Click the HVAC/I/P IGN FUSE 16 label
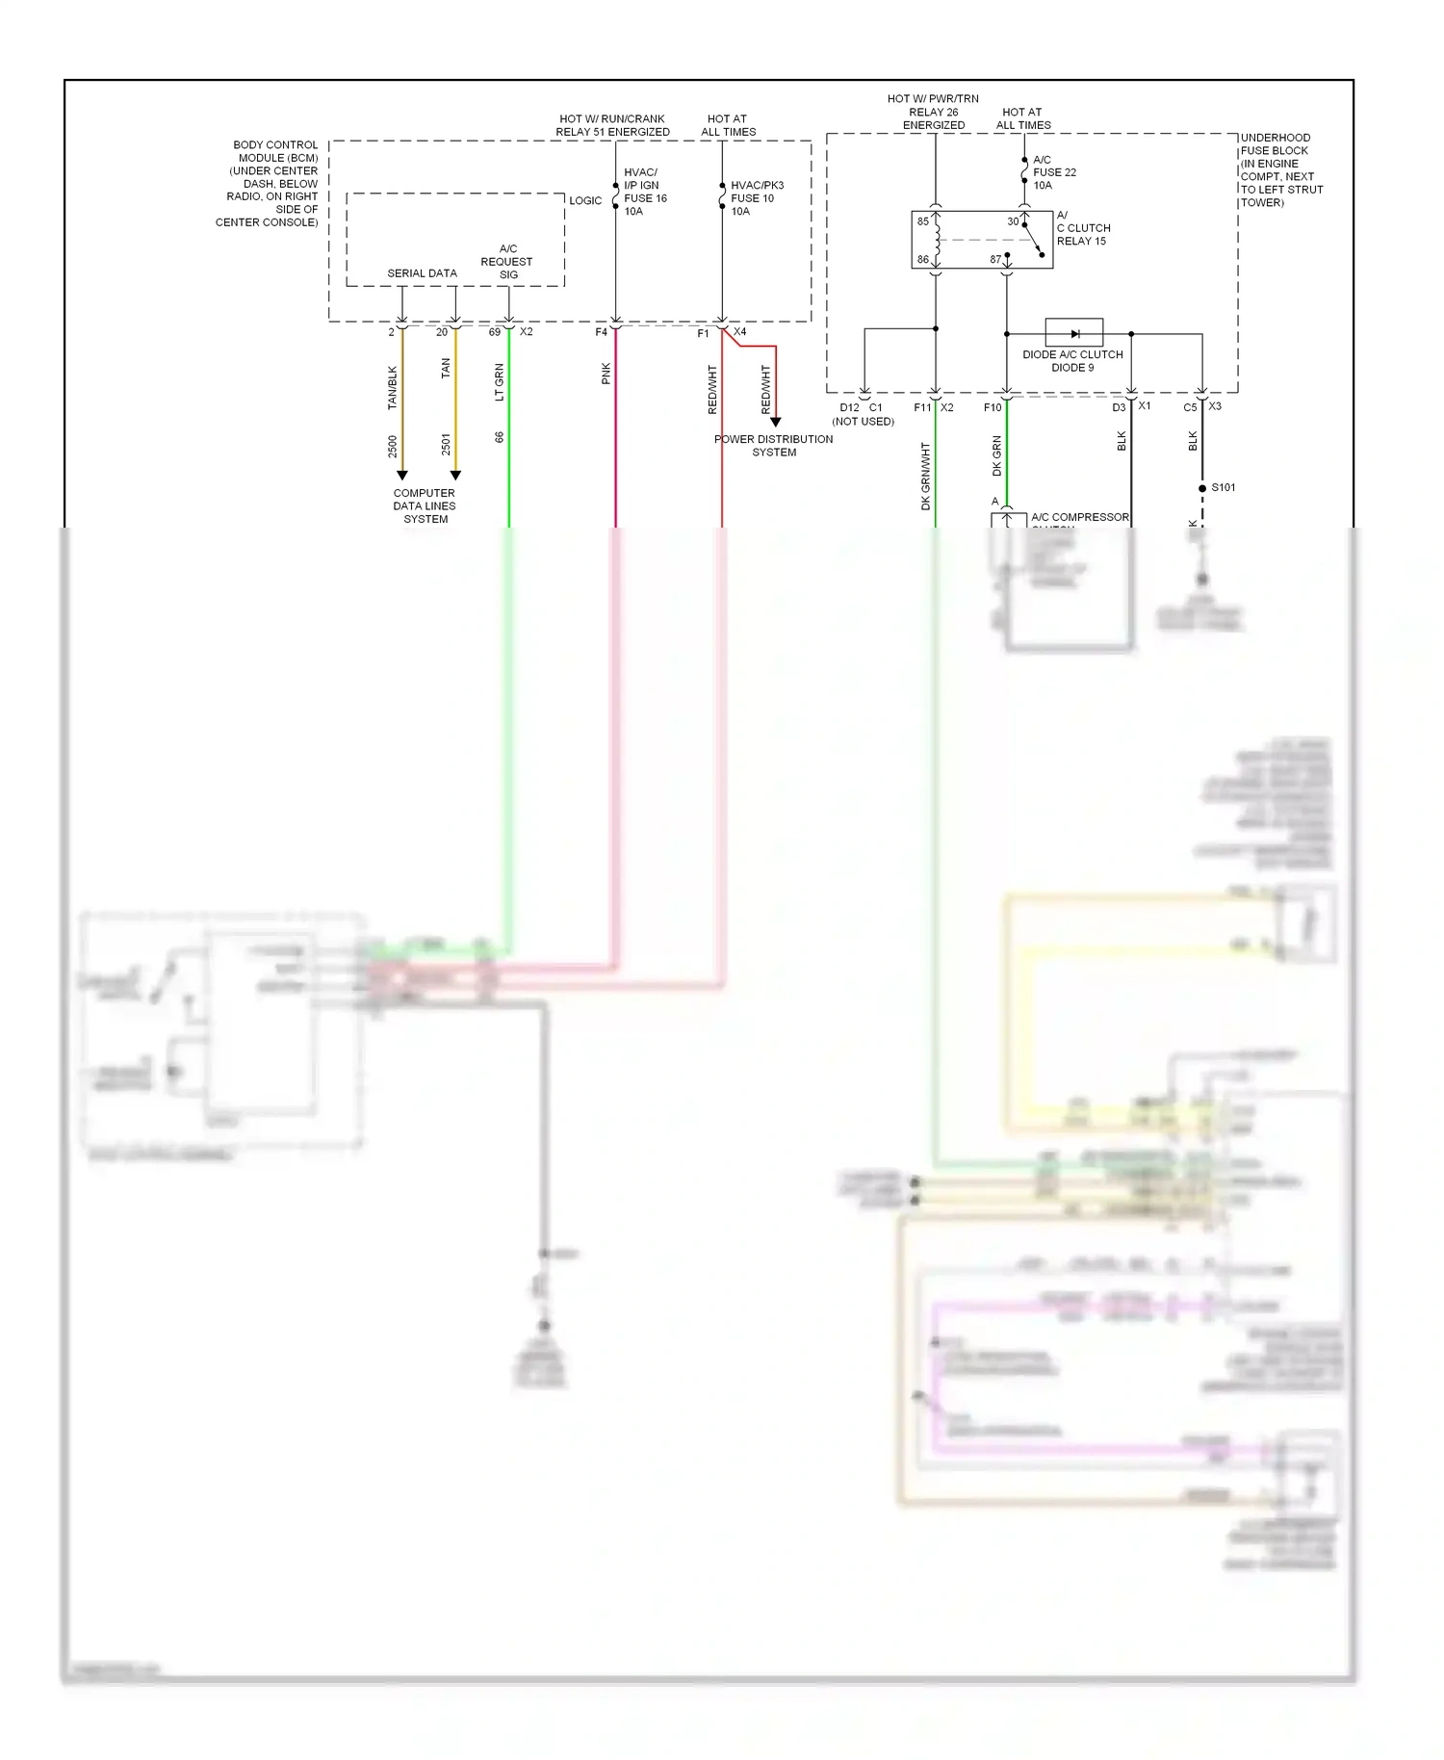[x=644, y=192]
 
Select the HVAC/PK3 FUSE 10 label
[x=756, y=198]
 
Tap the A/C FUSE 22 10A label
[x=1053, y=172]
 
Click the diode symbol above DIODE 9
[x=1074, y=333]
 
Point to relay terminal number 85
[x=922, y=221]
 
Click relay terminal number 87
[x=995, y=259]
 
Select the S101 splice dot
[x=1202, y=488]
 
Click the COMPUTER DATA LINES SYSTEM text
[x=425, y=505]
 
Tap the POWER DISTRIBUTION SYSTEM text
[x=774, y=445]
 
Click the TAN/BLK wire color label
[x=392, y=387]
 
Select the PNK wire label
[x=606, y=374]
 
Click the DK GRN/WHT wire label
[x=925, y=476]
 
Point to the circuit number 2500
[x=392, y=446]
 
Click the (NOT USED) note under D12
[x=863, y=422]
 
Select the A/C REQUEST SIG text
[x=507, y=262]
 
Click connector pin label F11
[x=921, y=407]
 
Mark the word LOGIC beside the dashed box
[x=585, y=200]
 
